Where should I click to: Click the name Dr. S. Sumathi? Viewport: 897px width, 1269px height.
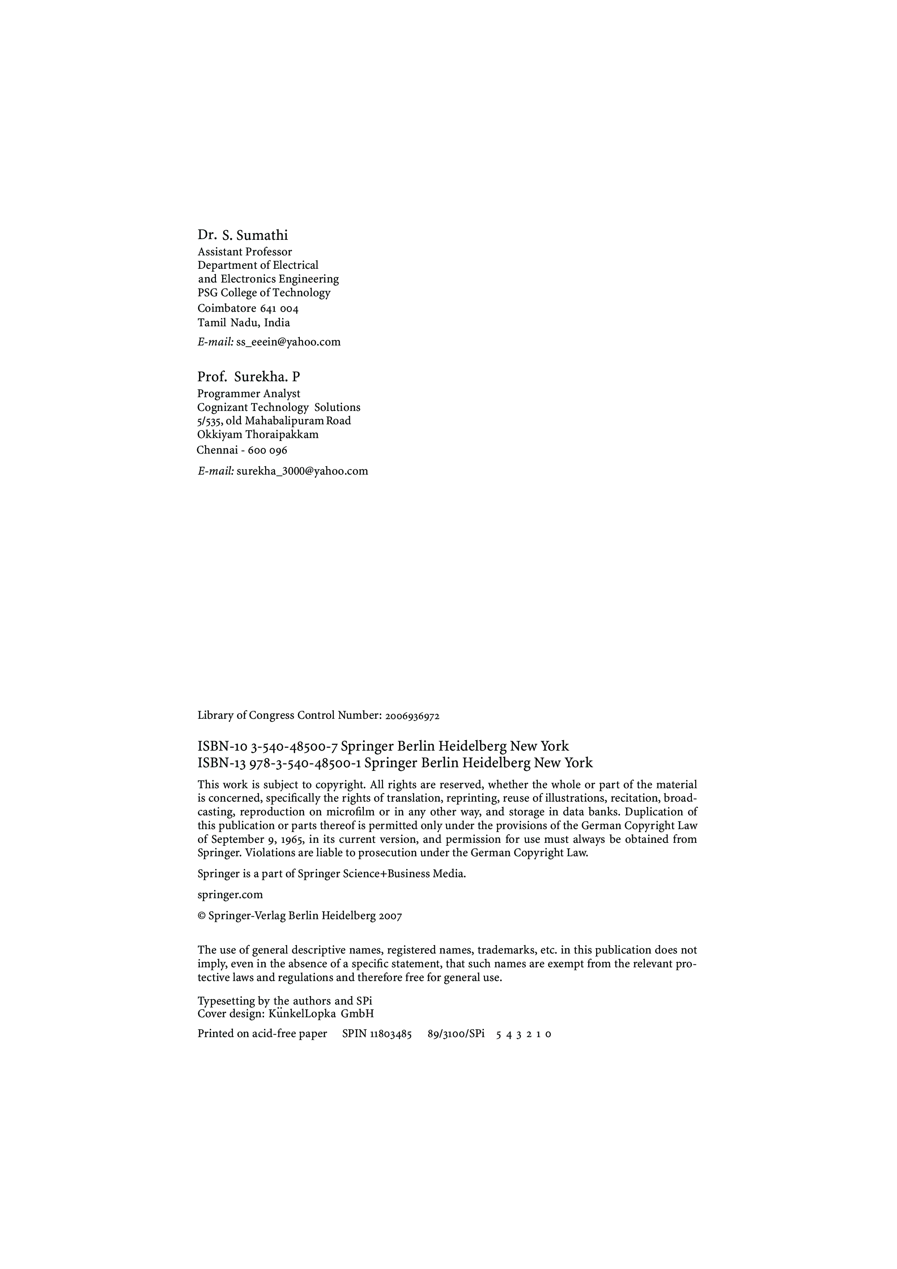point(243,235)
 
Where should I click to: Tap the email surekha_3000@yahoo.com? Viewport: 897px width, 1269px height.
point(302,471)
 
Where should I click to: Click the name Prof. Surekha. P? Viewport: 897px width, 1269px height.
point(249,377)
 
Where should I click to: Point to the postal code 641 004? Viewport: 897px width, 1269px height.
point(279,309)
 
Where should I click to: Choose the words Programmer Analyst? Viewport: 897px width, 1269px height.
point(249,394)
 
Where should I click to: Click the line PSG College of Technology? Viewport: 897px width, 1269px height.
point(264,293)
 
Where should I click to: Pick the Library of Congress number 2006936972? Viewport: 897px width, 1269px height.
point(412,716)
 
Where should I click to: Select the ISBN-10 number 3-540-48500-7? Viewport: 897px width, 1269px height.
point(294,747)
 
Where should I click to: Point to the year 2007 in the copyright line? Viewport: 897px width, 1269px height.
point(390,916)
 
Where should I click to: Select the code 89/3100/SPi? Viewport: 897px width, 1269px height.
point(456,1034)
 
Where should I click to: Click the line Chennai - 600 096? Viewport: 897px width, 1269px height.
point(242,450)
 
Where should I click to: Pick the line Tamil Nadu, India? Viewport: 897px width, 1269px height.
point(244,323)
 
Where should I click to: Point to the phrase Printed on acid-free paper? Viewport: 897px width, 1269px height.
point(262,1034)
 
